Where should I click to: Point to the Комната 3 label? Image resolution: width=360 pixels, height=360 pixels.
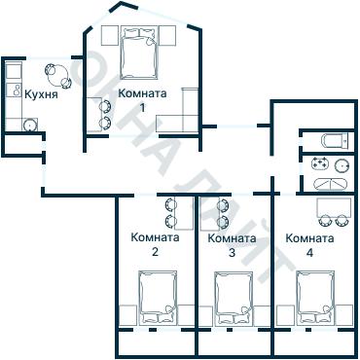232,244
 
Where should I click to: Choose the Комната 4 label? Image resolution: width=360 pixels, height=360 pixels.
309,244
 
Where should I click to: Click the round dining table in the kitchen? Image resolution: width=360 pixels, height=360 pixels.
55,73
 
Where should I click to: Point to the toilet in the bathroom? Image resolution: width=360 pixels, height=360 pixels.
337,139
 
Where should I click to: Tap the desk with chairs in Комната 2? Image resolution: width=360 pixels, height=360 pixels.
172,212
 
